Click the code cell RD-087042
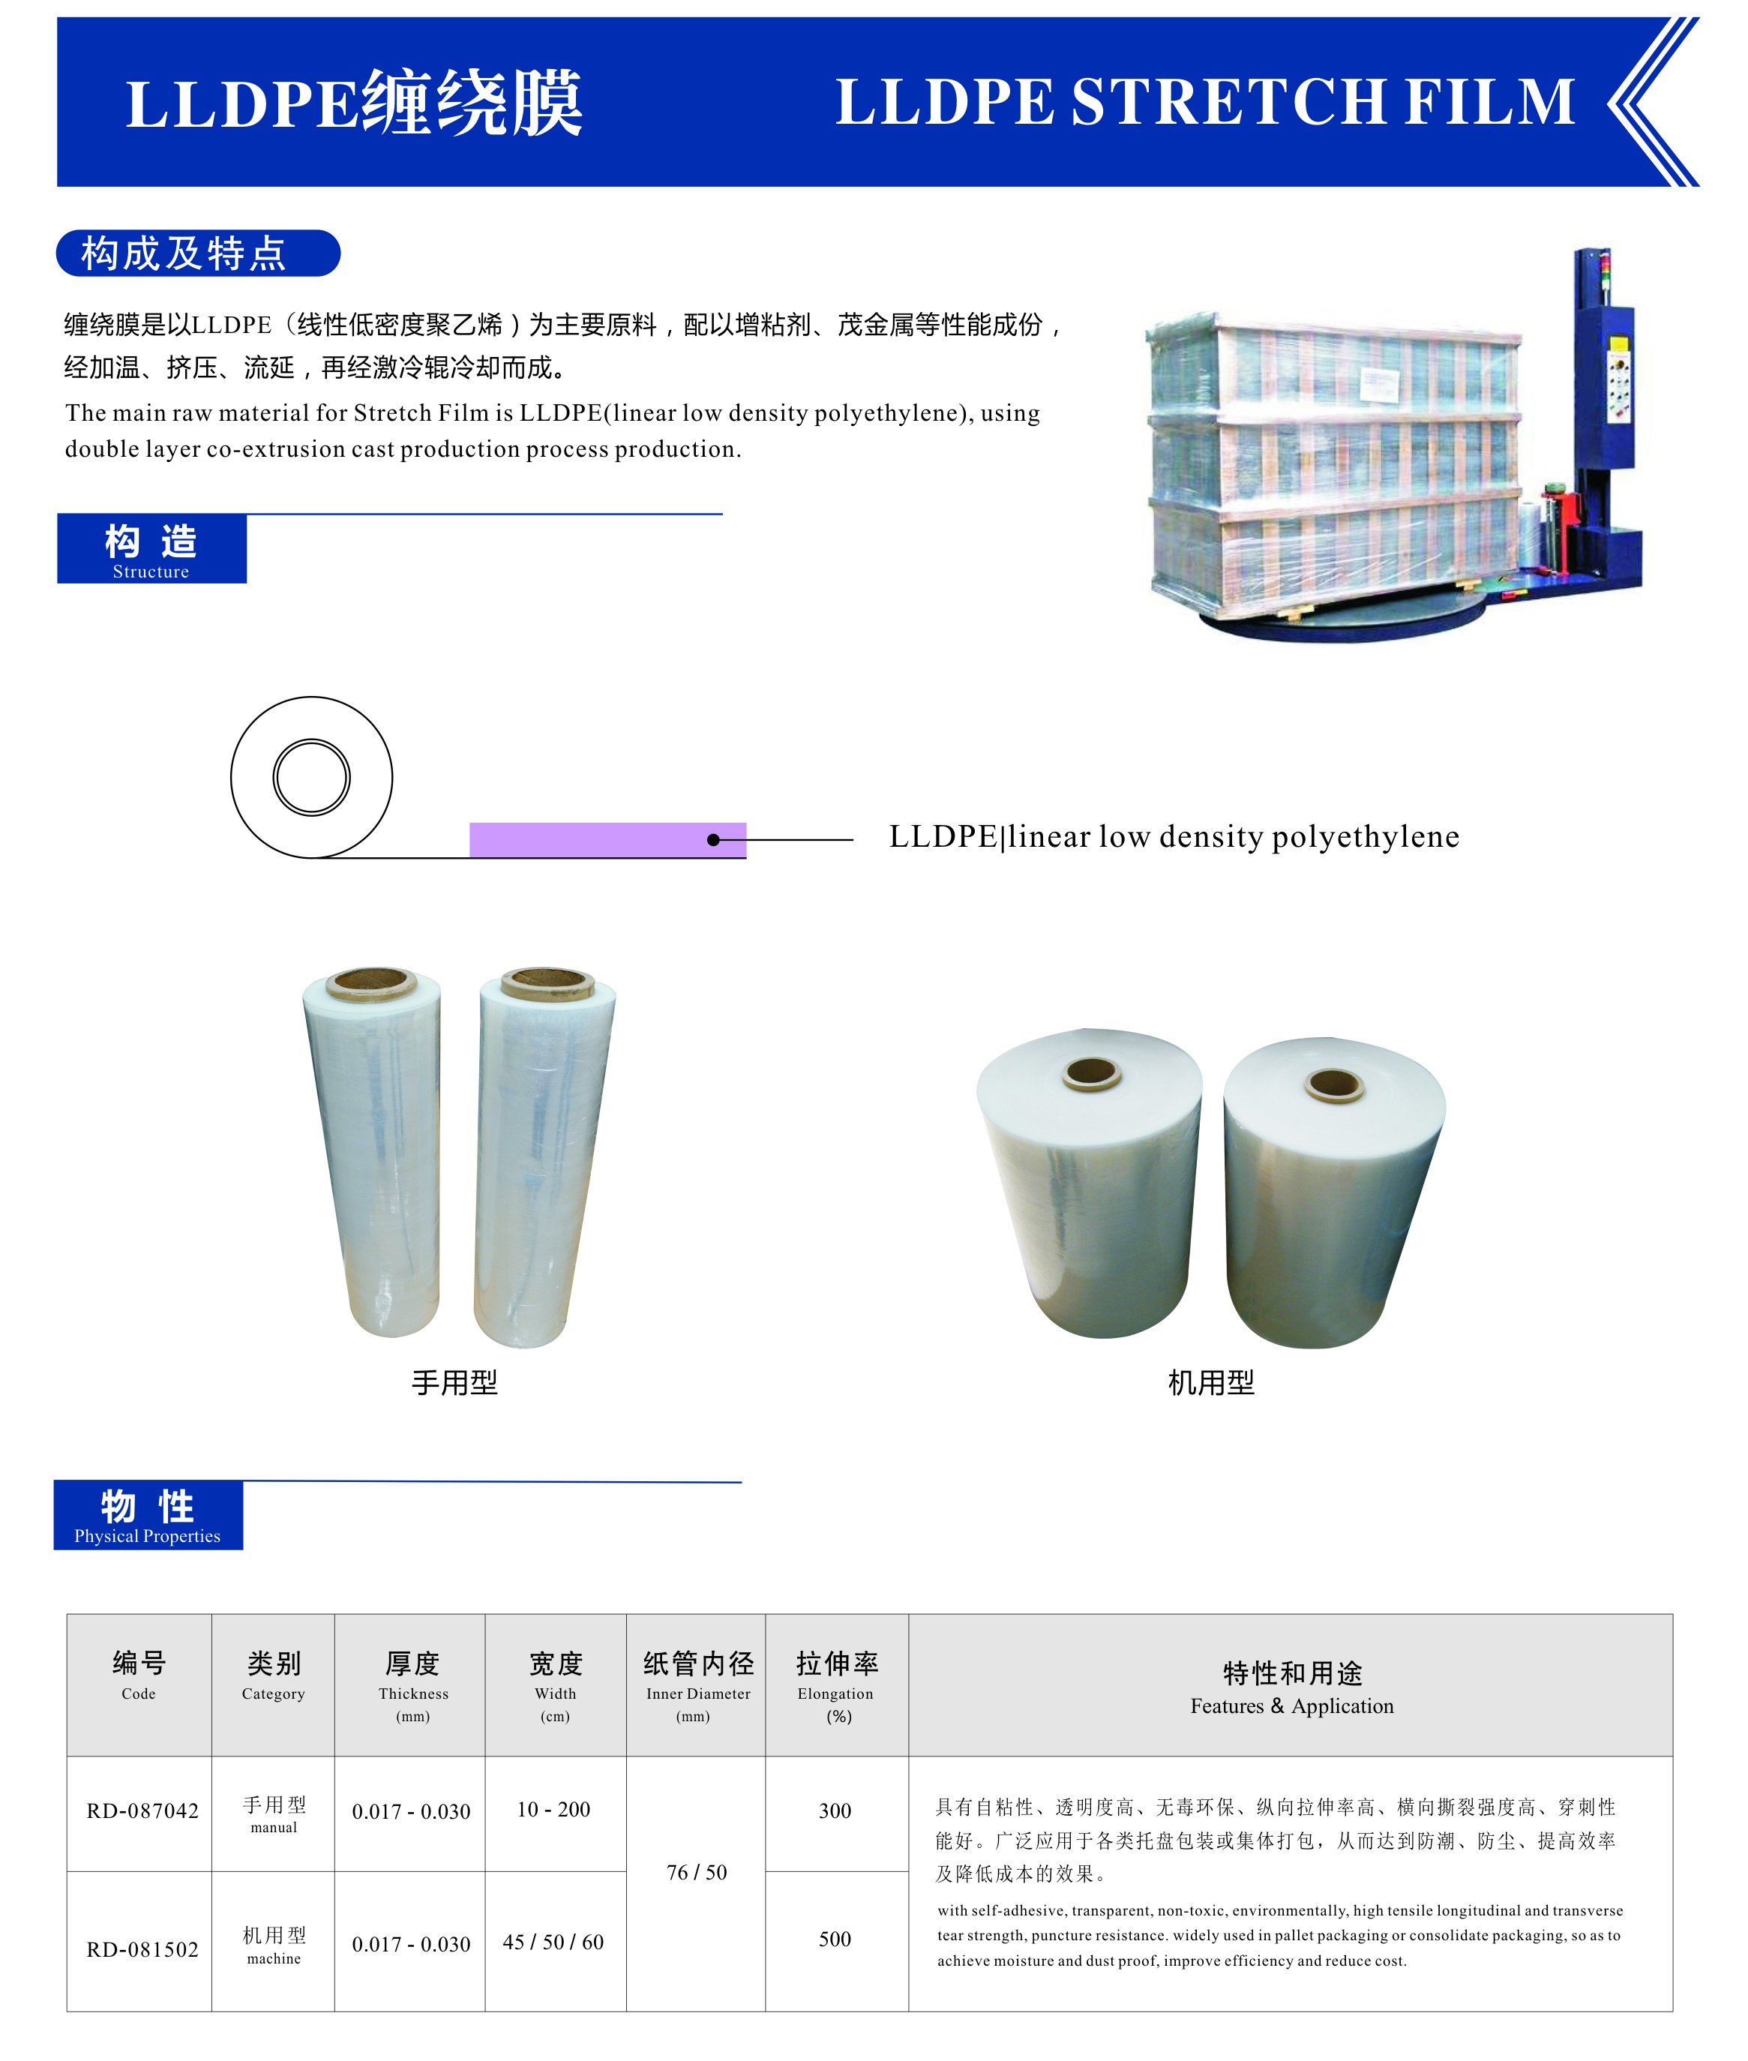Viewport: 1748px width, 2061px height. pyautogui.click(x=142, y=1810)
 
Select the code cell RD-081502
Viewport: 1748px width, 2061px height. pyautogui.click(x=142, y=1949)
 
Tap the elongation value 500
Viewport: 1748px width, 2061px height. pyautogui.click(x=835, y=1938)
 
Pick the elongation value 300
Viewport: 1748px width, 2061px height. pyautogui.click(x=835, y=1810)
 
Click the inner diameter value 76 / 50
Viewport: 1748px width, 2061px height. pyautogui.click(x=697, y=1872)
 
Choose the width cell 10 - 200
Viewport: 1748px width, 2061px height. pyautogui.click(x=554, y=1809)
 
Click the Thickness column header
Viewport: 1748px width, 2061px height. pyautogui.click(x=412, y=1687)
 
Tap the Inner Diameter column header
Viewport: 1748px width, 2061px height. pyautogui.click(x=697, y=1687)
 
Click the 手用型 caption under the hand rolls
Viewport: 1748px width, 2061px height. pyautogui.click(x=455, y=1382)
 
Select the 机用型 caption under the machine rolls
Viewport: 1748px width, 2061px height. pyautogui.click(x=1211, y=1382)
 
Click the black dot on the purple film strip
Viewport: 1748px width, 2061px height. pyautogui.click(x=713, y=840)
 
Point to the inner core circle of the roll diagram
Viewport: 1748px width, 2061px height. pyautogui.click(x=311, y=778)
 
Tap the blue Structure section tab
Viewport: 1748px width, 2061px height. pyautogui.click(x=151, y=548)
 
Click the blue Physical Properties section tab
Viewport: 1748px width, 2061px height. pyautogui.click(x=148, y=1515)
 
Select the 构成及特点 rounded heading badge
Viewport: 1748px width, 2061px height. pyautogui.click(x=198, y=253)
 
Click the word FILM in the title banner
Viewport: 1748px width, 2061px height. pyautogui.click(x=1489, y=101)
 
